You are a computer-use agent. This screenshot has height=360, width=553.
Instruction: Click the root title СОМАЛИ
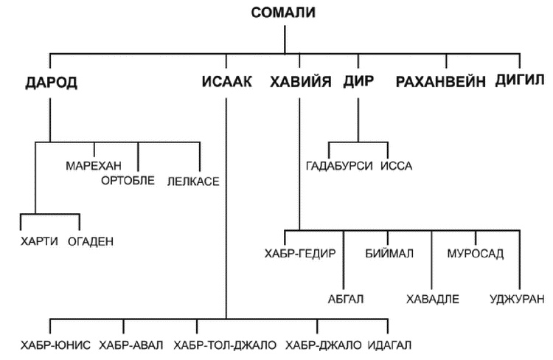pyautogui.click(x=283, y=13)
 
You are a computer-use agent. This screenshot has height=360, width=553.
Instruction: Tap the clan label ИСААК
pyautogui.click(x=226, y=82)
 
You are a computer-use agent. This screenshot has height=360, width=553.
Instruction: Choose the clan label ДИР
pyautogui.click(x=358, y=82)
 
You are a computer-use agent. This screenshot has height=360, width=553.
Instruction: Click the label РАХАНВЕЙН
pyautogui.click(x=440, y=82)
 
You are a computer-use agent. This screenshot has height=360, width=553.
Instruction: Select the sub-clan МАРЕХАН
pyautogui.click(x=93, y=165)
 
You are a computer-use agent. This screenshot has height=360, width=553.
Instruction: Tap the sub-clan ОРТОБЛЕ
pyautogui.click(x=128, y=181)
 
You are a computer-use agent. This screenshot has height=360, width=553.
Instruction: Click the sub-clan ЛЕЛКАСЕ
pyautogui.click(x=194, y=181)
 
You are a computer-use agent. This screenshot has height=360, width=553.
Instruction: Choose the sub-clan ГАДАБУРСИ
pyautogui.click(x=339, y=166)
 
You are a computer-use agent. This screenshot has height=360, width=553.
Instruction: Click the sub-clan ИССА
pyautogui.click(x=397, y=166)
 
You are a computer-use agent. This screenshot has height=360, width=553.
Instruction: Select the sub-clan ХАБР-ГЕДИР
pyautogui.click(x=300, y=254)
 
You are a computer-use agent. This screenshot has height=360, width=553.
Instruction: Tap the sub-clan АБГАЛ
pyautogui.click(x=346, y=299)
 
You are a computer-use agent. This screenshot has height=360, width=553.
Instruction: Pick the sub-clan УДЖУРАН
pyautogui.click(x=517, y=299)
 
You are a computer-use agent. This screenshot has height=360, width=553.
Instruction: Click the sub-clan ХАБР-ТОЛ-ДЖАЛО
pyautogui.click(x=225, y=345)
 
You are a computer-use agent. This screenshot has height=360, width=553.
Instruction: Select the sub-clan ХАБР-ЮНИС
pyautogui.click(x=56, y=345)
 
